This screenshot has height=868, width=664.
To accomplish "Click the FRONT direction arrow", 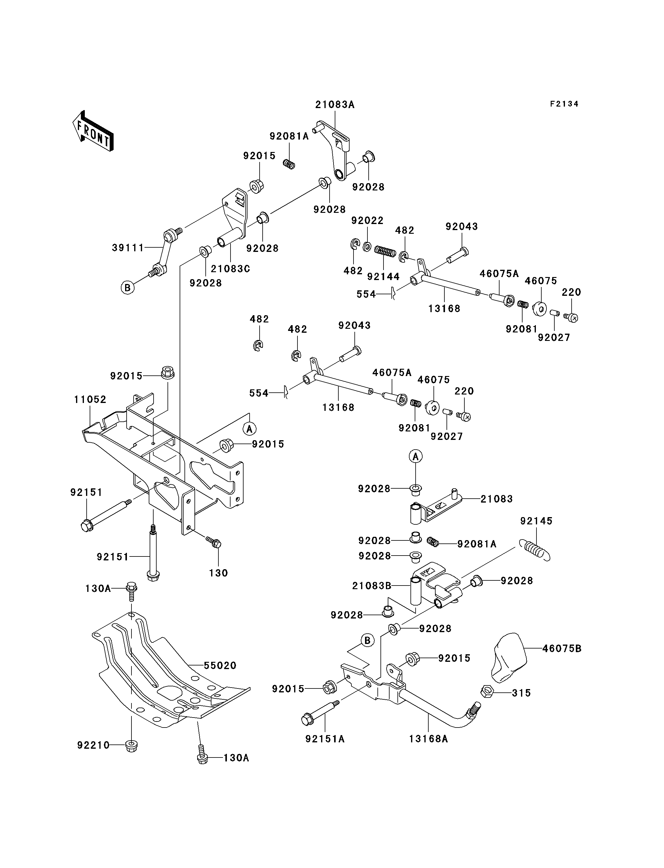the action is pyautogui.click(x=93, y=131).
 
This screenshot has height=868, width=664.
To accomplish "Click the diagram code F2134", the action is pyautogui.click(x=564, y=104).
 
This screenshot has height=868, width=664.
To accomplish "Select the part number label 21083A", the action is pyautogui.click(x=335, y=105).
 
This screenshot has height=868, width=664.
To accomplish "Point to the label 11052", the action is pyautogui.click(x=90, y=399).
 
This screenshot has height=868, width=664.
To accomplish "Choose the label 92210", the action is pyautogui.click(x=93, y=745).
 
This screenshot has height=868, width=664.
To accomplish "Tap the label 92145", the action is pyautogui.click(x=536, y=521).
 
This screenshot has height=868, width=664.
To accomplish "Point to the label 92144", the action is pyautogui.click(x=383, y=276).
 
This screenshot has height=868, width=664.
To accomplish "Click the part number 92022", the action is pyautogui.click(x=367, y=220).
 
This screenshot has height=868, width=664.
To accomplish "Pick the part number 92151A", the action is pyautogui.click(x=325, y=739).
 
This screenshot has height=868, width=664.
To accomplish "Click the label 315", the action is pyautogui.click(x=521, y=693).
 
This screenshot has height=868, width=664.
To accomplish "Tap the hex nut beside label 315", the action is pyautogui.click(x=487, y=692).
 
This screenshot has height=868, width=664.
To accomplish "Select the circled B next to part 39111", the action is pyautogui.click(x=127, y=288).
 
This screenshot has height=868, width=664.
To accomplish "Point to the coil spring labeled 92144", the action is pyautogui.click(x=385, y=251).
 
